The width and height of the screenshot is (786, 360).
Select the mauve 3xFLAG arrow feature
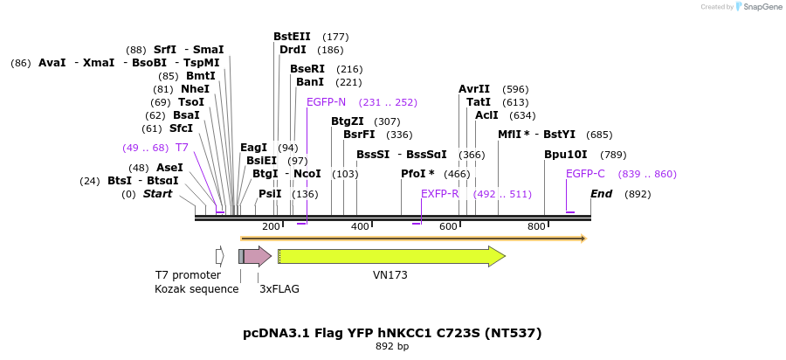click(x=257, y=256)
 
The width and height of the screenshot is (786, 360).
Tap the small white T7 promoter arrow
click(x=220, y=256)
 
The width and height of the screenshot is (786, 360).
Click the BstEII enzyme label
click(x=292, y=37)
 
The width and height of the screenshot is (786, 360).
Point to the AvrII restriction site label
click(x=474, y=89)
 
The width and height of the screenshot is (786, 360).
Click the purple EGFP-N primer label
click(x=326, y=102)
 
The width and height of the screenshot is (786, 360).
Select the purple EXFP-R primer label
click(x=440, y=194)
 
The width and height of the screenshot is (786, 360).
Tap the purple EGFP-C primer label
click(x=585, y=174)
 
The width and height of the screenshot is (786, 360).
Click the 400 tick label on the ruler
click(x=360, y=227)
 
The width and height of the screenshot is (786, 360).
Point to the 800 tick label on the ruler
click(x=536, y=227)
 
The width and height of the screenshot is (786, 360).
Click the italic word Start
click(x=157, y=194)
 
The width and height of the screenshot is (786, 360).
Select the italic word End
click(x=601, y=194)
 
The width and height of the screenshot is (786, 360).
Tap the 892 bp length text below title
click(x=392, y=347)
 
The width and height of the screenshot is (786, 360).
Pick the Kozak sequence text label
click(x=196, y=289)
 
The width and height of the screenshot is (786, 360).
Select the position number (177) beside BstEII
click(x=335, y=37)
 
